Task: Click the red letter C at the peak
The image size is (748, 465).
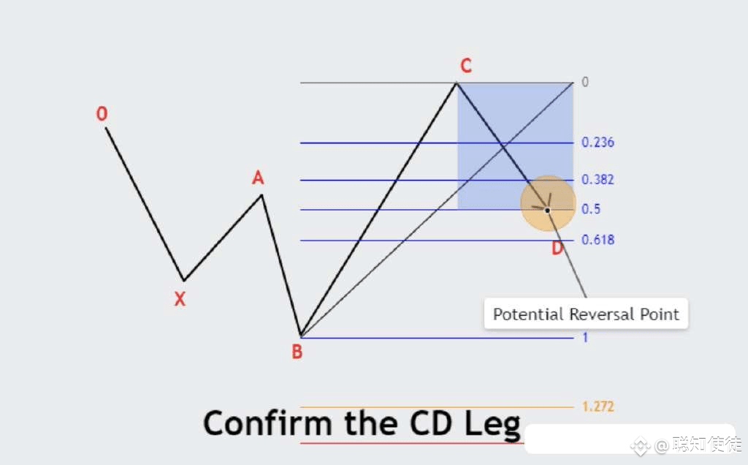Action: click(x=466, y=65)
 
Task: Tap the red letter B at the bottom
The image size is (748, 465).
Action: click(x=297, y=352)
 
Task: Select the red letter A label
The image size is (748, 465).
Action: click(x=258, y=178)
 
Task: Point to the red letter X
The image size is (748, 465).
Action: click(x=180, y=299)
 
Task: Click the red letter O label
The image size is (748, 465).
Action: click(x=102, y=113)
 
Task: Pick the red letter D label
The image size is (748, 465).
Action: click(x=557, y=248)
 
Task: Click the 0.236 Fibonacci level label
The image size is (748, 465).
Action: click(x=598, y=143)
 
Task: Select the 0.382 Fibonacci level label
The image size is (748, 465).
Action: click(x=598, y=180)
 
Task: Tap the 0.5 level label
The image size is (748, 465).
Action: click(x=590, y=209)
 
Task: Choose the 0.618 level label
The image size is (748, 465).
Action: click(x=598, y=240)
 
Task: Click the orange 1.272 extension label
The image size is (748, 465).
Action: click(x=598, y=407)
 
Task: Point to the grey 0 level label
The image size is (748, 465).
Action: click(x=585, y=82)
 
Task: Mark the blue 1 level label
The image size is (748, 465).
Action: click(x=585, y=338)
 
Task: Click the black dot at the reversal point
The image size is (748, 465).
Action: click(x=547, y=210)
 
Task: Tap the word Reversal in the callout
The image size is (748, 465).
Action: click(x=602, y=314)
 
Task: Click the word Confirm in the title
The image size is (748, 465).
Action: click(x=267, y=423)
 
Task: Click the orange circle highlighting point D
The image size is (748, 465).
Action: click(x=548, y=203)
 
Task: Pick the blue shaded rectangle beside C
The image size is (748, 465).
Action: click(x=515, y=146)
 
